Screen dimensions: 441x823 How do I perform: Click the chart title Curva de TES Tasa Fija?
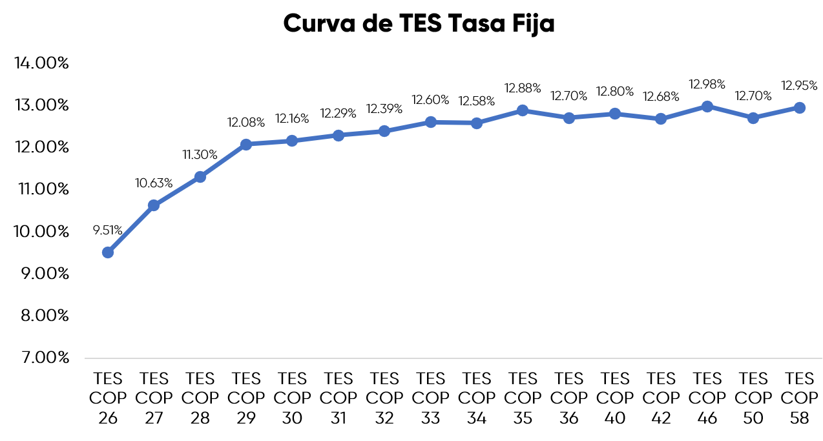(x=419, y=24)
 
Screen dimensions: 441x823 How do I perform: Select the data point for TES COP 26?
(x=108, y=252)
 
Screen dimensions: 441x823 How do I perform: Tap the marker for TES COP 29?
(x=246, y=144)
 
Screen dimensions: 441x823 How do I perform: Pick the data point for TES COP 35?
(x=523, y=110)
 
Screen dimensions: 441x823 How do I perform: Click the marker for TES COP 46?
(x=707, y=107)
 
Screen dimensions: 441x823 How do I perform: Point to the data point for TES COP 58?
(x=800, y=108)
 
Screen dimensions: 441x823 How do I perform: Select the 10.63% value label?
(x=154, y=183)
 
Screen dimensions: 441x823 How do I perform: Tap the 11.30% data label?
(x=200, y=155)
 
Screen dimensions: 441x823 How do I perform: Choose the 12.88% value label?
(x=523, y=88)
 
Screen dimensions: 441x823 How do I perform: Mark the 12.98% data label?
(x=707, y=85)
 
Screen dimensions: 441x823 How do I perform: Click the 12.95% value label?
(x=800, y=86)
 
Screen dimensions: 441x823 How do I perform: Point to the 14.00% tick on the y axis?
(x=41, y=63)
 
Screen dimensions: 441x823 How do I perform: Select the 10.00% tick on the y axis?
(x=41, y=231)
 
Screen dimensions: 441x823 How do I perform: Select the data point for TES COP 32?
(x=384, y=131)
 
